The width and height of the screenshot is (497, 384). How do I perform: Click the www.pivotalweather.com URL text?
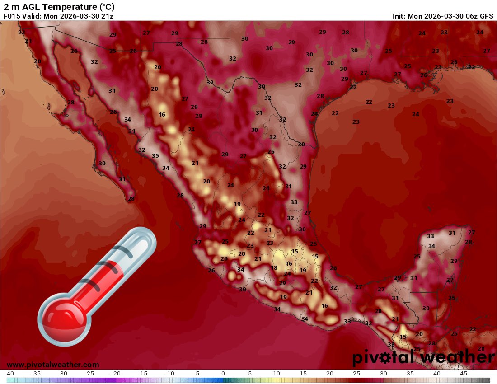[53, 365]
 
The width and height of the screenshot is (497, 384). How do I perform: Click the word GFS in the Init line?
[486, 16]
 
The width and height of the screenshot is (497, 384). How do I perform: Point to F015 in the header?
[11, 16]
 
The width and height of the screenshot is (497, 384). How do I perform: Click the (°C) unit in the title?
[107, 7]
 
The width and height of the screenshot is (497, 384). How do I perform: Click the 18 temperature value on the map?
[274, 267]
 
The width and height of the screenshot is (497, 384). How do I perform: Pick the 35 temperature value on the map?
[155, 155]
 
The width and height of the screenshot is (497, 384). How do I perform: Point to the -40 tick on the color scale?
[9, 374]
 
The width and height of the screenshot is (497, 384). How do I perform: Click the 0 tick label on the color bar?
[223, 374]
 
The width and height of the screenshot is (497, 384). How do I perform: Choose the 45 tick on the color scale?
[463, 374]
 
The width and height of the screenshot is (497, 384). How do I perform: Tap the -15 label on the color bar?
[143, 374]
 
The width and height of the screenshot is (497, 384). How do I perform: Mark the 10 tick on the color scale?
[277, 374]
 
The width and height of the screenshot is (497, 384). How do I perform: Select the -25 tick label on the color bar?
[89, 374]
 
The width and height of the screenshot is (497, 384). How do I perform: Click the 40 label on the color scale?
[436, 374]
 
